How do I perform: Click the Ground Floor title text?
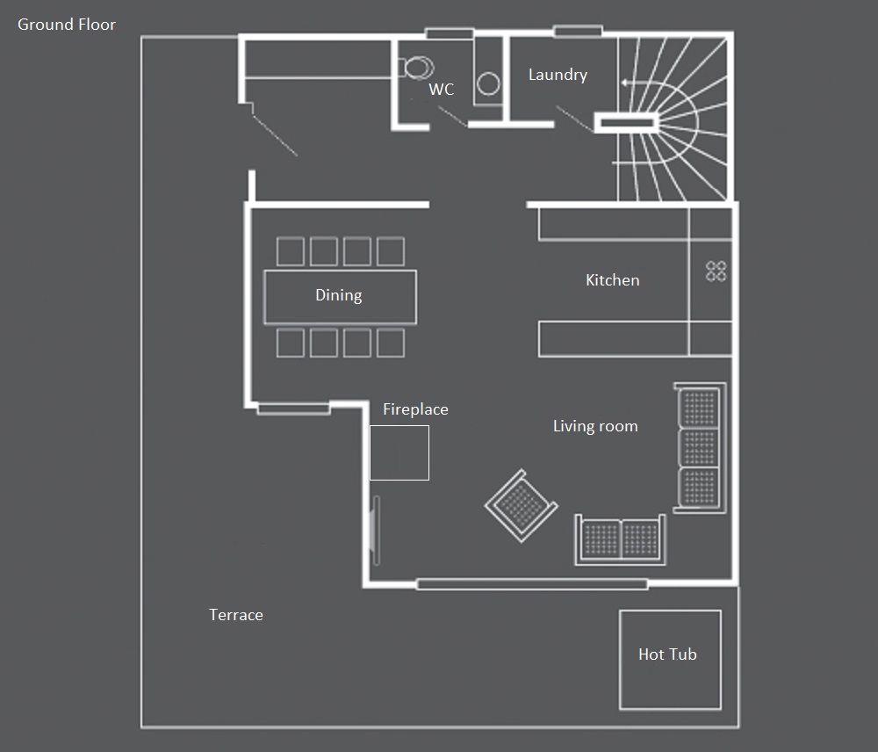67,25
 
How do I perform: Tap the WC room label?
442,89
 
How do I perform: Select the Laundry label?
558,75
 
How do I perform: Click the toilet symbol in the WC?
416,68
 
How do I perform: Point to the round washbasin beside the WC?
488,84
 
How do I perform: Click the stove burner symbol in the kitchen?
716,271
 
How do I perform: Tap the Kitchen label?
613,280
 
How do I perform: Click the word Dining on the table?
339,295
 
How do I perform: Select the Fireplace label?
415,409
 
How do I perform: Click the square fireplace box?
399,452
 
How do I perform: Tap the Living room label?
595,426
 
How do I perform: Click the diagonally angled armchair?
522,506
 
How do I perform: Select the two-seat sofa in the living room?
621,539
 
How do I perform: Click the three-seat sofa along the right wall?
700,448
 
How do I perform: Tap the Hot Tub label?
667,654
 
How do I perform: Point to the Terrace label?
235,615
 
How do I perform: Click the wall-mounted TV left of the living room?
377,530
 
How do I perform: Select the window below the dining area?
293,409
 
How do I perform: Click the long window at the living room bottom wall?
532,584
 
